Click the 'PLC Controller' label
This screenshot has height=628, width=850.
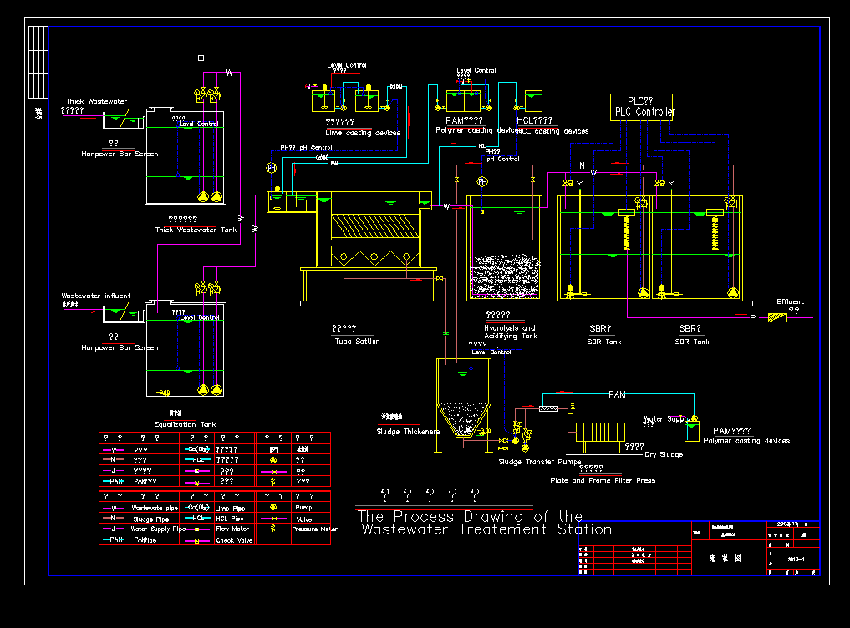(644, 112)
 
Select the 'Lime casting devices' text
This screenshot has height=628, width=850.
(363, 133)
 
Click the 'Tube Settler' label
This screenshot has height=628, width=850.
(356, 341)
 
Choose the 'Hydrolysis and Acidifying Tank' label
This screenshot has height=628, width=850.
(510, 332)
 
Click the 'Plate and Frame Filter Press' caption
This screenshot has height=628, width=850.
(603, 480)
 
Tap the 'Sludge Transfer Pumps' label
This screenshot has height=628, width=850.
(539, 461)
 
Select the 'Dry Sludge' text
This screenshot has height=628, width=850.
(664, 454)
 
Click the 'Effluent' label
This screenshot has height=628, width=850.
(790, 301)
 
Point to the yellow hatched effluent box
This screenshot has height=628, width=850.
(777, 317)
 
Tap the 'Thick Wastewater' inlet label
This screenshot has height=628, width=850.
(97, 101)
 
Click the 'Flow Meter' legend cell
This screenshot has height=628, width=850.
(232, 529)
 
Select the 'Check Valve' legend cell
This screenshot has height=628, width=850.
(233, 540)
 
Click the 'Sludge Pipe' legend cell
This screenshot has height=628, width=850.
(150, 519)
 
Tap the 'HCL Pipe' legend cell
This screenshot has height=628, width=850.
(230, 519)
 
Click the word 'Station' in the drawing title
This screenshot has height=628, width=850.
(584, 529)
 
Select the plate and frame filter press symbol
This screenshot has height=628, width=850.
(600, 433)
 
